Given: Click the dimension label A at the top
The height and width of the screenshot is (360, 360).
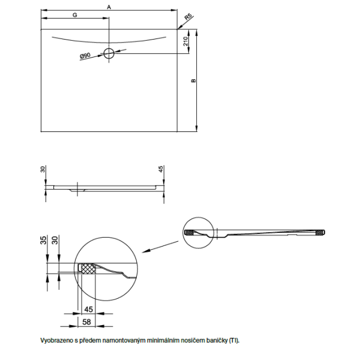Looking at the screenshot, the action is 109,7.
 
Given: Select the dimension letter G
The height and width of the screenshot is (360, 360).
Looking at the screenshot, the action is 75,15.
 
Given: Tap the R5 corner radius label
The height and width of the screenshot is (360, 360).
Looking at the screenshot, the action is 188,17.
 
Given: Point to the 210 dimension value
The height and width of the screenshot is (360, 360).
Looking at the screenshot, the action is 185,41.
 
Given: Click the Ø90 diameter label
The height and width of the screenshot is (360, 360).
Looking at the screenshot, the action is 85,56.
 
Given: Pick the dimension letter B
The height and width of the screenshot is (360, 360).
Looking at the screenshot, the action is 194,80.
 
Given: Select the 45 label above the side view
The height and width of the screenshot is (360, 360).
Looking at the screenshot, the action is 161,169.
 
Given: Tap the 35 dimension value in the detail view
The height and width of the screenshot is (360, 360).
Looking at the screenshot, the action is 43,240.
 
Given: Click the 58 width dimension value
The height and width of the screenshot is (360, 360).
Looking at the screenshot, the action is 86,322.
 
